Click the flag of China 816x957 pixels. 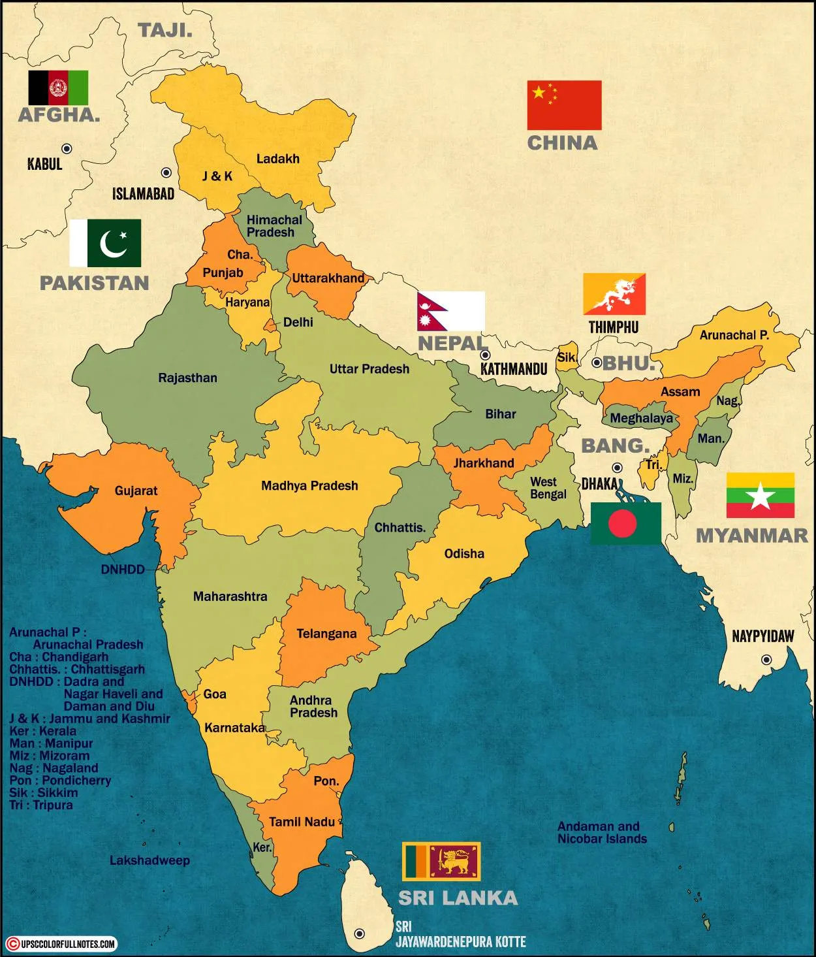click(564, 105)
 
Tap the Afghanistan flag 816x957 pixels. click(58, 88)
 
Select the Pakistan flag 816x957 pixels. click(105, 243)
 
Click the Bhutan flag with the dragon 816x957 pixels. click(614, 294)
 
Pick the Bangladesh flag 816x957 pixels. click(625, 523)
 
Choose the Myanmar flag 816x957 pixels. click(760, 496)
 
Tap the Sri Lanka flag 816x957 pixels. click(441, 862)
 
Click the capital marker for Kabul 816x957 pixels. click(67, 149)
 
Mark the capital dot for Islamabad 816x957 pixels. click(166, 172)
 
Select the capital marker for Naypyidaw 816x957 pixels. click(766, 660)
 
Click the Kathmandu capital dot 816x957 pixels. click(485, 355)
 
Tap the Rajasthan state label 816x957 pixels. click(187, 378)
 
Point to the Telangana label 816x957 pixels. click(326, 634)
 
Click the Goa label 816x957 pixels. click(215, 694)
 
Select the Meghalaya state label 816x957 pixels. click(641, 418)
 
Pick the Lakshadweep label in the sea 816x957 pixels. click(149, 860)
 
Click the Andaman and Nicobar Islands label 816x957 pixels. click(602, 832)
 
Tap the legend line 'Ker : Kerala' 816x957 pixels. click(43, 731)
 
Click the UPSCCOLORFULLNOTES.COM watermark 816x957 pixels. click(62, 943)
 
